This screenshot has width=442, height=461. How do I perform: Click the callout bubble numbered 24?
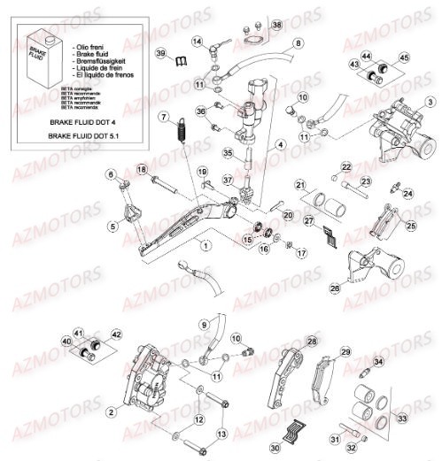tap(408, 192)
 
